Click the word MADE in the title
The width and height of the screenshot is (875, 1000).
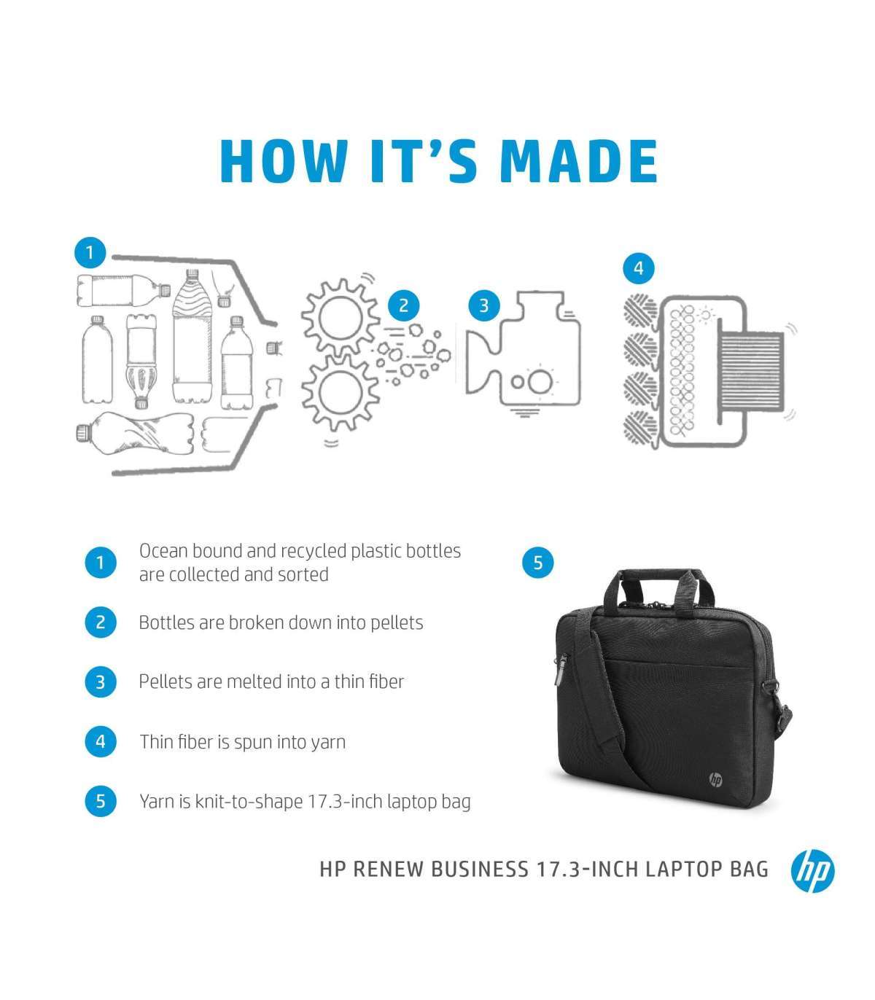click(x=579, y=162)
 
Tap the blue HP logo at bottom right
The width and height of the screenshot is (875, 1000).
click(x=812, y=870)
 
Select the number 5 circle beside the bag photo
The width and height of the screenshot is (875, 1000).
click(x=537, y=563)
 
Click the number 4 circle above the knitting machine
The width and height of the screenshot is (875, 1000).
click(x=639, y=268)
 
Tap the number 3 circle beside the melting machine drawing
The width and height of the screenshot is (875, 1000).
click(x=484, y=306)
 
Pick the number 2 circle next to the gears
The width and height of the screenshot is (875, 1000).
click(x=404, y=306)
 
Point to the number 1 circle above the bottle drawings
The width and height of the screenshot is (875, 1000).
click(x=90, y=253)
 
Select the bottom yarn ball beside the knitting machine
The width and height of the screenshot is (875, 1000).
click(x=640, y=428)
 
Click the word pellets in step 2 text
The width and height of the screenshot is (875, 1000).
click(x=397, y=623)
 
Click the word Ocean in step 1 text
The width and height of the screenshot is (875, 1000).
click(x=163, y=551)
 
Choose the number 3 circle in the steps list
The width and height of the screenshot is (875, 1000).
click(x=100, y=681)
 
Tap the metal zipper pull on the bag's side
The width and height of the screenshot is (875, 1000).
click(x=560, y=670)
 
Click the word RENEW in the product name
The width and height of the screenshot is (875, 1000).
click(x=388, y=870)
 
